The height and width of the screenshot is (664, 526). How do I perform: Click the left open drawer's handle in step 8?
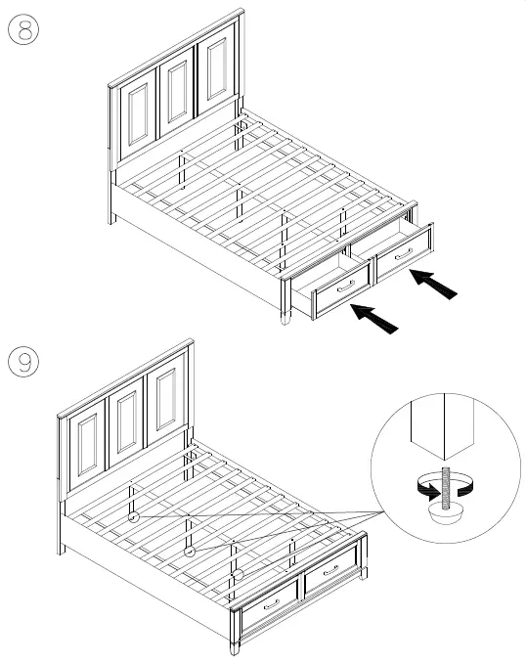(x=345, y=287)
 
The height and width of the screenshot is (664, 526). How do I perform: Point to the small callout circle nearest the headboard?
(x=135, y=515)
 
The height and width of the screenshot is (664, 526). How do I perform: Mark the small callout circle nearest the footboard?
(x=237, y=574)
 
